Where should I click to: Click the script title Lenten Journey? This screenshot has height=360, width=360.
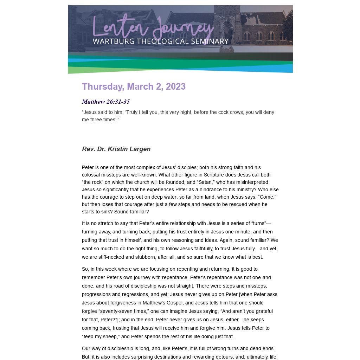click(153, 28)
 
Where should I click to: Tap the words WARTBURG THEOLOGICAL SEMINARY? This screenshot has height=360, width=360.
click(160, 41)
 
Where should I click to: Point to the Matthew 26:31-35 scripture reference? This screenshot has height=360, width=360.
click(106, 102)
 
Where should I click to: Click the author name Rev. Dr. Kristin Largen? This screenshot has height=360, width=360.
click(116, 149)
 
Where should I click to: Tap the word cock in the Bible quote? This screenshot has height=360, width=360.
click(206, 112)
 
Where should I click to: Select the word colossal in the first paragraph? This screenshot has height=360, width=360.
click(92, 175)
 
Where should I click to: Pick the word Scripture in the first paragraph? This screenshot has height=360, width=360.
click(216, 175)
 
